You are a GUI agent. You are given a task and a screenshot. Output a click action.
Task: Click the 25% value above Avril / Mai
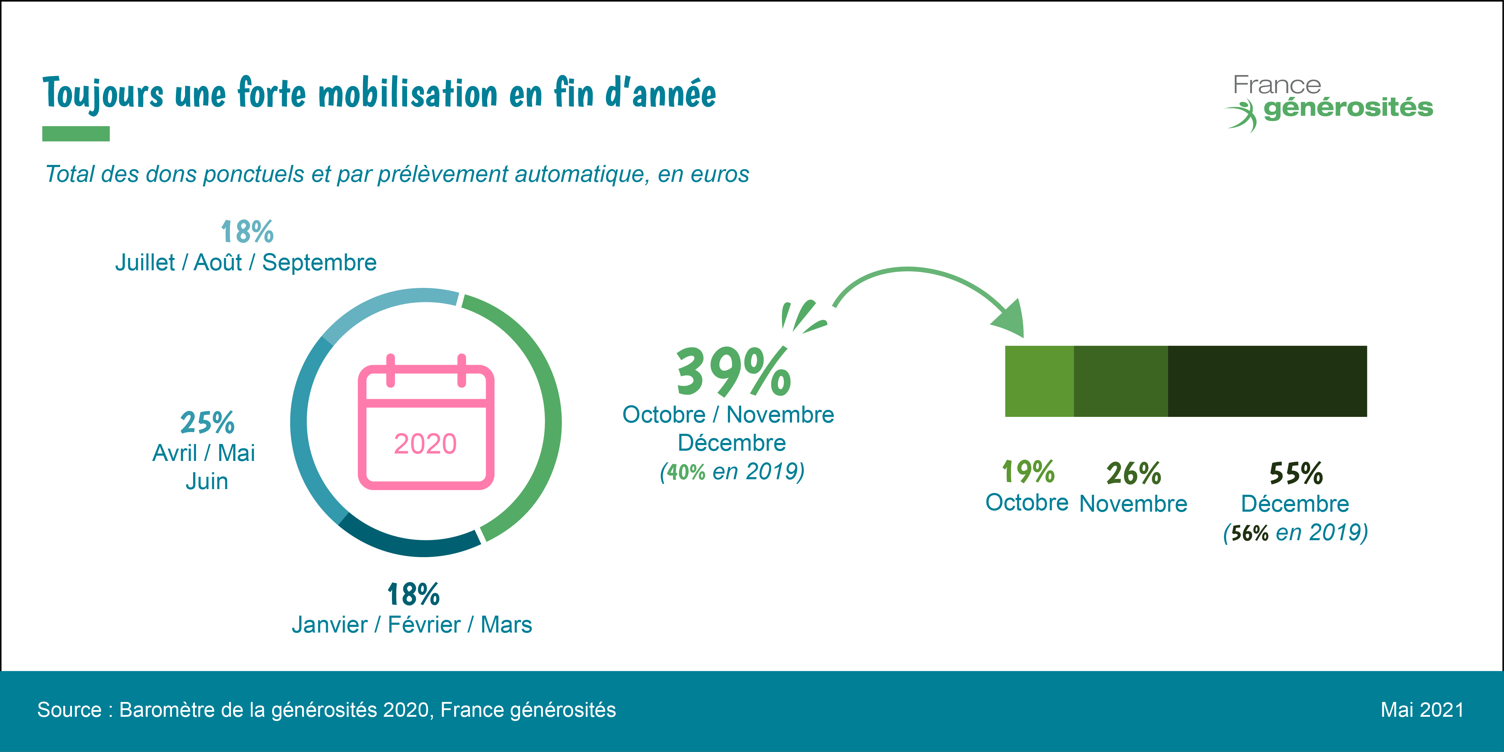[207, 423]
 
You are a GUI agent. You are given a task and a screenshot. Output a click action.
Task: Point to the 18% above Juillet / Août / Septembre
[247, 232]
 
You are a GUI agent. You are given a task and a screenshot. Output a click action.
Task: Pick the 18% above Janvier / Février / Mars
[413, 594]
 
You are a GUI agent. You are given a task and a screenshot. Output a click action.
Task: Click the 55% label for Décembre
[1296, 473]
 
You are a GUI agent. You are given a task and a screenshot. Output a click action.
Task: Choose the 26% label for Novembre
[1133, 473]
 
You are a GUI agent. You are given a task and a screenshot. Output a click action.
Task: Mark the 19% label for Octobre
[1028, 472]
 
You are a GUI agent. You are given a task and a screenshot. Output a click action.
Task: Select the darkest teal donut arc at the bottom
[409, 546]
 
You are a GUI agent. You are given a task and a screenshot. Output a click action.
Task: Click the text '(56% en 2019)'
[1296, 532]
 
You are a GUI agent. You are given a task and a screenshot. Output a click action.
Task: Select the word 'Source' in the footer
[69, 710]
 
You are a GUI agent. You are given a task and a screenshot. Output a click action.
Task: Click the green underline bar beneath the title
[76, 134]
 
